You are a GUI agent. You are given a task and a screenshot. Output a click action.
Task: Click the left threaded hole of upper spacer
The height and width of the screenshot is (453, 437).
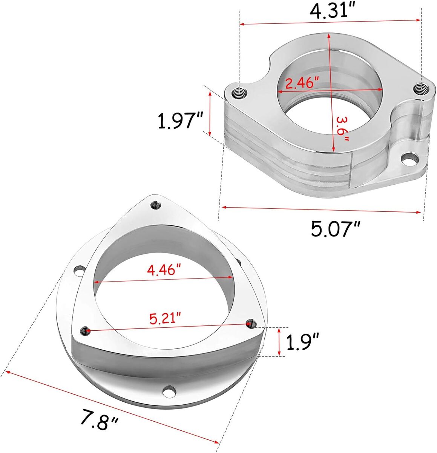point(239,92)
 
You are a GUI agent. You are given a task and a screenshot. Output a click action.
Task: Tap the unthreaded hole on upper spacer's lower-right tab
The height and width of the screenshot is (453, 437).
point(408,159)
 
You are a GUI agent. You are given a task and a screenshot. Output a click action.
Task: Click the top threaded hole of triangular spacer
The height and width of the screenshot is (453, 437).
point(155,205)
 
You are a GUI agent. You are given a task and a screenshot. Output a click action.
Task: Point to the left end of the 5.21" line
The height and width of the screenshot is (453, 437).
point(86,331)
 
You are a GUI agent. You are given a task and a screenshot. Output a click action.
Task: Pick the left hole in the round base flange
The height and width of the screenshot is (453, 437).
point(79,270)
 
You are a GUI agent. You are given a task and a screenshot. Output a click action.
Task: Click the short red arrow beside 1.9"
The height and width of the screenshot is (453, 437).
point(279,341)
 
